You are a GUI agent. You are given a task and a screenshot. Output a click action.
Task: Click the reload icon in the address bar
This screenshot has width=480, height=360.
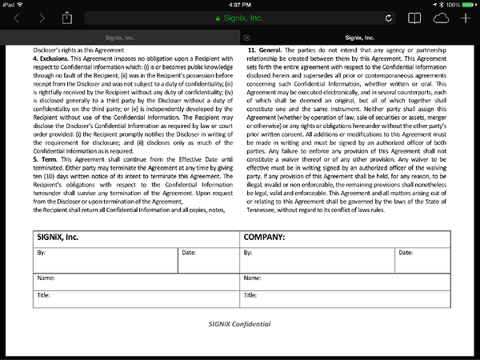(x=389, y=18)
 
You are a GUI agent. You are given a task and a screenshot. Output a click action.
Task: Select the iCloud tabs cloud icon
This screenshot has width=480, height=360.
(x=441, y=18)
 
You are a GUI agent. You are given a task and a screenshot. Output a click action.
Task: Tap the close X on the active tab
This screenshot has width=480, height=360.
(x=246, y=37)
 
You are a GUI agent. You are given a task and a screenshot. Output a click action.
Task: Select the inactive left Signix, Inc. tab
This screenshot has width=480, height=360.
(x=120, y=37)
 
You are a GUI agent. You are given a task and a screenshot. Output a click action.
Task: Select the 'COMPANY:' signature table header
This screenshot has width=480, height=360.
(x=265, y=238)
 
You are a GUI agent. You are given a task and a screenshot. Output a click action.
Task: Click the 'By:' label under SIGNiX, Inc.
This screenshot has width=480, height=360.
(x=41, y=253)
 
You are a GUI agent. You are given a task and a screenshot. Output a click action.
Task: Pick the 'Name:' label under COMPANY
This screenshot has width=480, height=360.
(x=252, y=278)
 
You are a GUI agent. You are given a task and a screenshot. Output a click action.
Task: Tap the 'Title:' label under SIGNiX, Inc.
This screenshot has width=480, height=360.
(x=43, y=294)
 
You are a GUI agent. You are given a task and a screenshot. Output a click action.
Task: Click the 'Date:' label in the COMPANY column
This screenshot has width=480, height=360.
(x=405, y=253)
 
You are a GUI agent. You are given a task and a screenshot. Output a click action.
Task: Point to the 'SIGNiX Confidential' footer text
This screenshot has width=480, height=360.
(x=239, y=324)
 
